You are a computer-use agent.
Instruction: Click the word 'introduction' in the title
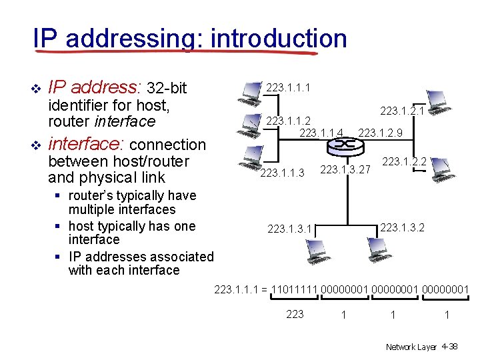278,38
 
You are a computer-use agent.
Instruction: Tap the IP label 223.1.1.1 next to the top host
287,88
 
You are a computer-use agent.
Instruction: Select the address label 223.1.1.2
288,121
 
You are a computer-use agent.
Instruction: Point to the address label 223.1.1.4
321,133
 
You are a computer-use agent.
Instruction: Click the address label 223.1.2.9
380,133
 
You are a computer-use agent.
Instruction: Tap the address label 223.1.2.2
404,161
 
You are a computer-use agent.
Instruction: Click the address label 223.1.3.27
345,169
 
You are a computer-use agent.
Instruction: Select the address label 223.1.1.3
282,173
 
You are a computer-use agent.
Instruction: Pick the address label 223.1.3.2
402,228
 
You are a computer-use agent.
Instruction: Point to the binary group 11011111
293,289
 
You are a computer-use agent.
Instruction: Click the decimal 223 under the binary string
294,314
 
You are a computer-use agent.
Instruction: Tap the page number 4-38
449,347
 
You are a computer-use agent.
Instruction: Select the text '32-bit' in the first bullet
167,88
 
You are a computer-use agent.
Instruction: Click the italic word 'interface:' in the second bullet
87,144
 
